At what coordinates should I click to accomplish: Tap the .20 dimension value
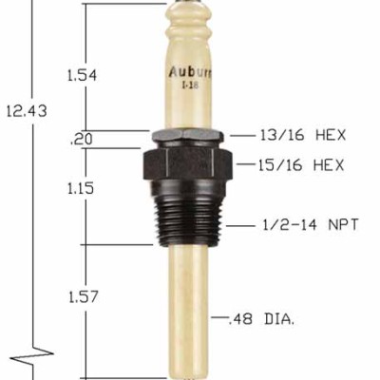pyautogui.click(x=81, y=140)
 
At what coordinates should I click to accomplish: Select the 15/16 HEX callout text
pyautogui.click(x=300, y=165)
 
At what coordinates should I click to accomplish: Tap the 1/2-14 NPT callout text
pyautogui.click(x=303, y=227)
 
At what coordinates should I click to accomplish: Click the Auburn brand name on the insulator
pyautogui.click(x=189, y=70)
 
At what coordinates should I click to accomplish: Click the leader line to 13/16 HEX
pyautogui.click(x=242, y=135)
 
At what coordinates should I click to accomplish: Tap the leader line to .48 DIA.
pyautogui.click(x=218, y=317)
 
